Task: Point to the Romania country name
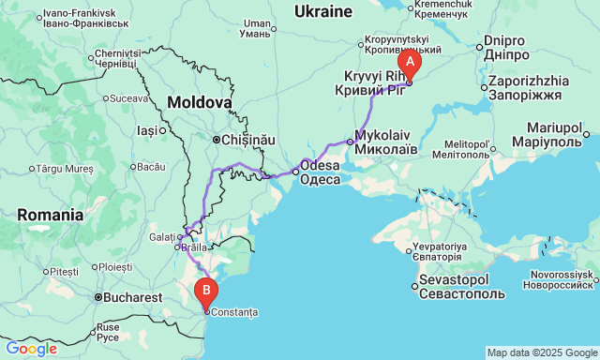point(50,215)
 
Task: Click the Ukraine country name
point(322,11)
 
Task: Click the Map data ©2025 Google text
point(541,352)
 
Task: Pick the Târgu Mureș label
point(66,169)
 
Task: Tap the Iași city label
point(148,130)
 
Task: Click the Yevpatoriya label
point(436,252)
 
